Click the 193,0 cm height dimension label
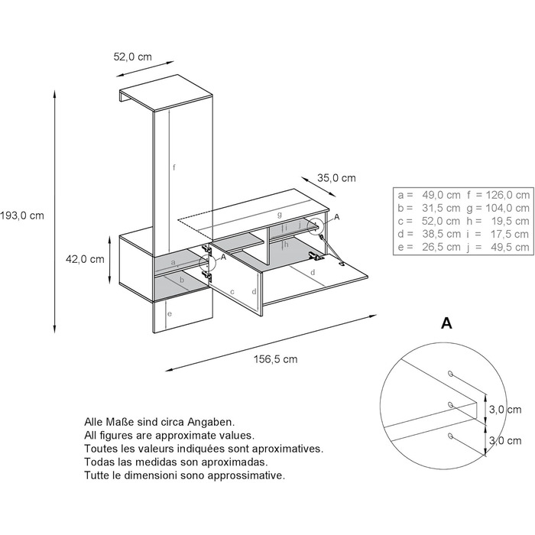(x=22, y=216)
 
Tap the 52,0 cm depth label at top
(x=132, y=57)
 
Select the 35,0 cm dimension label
(x=336, y=178)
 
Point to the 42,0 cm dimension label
(x=85, y=259)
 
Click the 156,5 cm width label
(x=276, y=359)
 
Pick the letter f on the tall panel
(x=174, y=167)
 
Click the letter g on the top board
(x=280, y=215)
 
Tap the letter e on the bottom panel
(x=170, y=314)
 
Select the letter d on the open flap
(x=313, y=272)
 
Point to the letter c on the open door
(x=232, y=292)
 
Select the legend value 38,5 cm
(x=441, y=234)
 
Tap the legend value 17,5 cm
(x=511, y=234)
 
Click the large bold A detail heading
(x=446, y=323)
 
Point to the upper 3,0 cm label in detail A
(x=505, y=409)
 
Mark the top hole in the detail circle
(x=451, y=374)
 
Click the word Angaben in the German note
(x=211, y=423)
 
